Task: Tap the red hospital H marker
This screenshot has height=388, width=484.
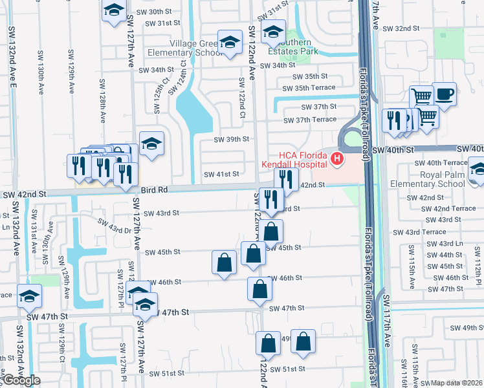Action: tap(336, 158)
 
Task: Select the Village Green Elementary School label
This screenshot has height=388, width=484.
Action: tap(185, 47)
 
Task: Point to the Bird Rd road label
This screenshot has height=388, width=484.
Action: tap(154, 189)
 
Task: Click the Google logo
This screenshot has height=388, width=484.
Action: tap(21, 380)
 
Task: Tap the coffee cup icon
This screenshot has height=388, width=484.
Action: tap(444, 93)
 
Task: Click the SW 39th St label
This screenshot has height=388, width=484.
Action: tap(232, 139)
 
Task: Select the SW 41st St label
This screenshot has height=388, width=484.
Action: tap(221, 174)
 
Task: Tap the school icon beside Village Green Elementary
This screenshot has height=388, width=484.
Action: tap(228, 43)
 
